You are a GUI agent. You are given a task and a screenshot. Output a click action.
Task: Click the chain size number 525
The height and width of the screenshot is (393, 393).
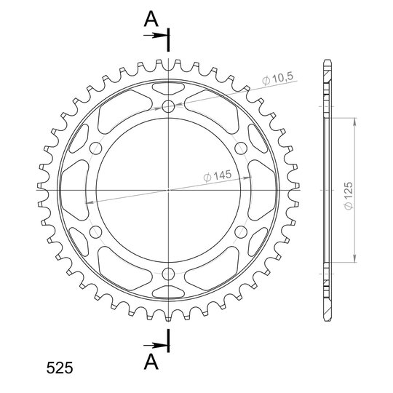click(60, 368)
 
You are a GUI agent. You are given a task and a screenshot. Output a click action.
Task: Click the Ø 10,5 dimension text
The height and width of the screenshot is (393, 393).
click(278, 78)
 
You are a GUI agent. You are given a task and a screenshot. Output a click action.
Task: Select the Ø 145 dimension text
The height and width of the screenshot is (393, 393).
click(218, 175)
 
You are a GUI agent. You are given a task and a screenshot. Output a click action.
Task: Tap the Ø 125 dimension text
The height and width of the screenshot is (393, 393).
click(349, 196)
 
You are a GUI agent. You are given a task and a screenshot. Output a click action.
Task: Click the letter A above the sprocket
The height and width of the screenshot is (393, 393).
click(151, 20)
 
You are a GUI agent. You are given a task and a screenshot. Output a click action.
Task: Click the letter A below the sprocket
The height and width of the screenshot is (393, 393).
click(151, 362)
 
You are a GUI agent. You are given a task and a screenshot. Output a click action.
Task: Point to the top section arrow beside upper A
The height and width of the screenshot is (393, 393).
click(156, 36)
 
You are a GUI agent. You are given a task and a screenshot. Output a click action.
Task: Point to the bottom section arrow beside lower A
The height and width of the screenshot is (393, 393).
click(156, 346)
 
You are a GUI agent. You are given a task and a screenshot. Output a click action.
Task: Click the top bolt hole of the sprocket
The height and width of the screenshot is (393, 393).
click(168, 106)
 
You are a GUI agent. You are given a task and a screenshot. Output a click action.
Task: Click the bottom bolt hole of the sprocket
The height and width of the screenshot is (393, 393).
click(168, 274)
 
